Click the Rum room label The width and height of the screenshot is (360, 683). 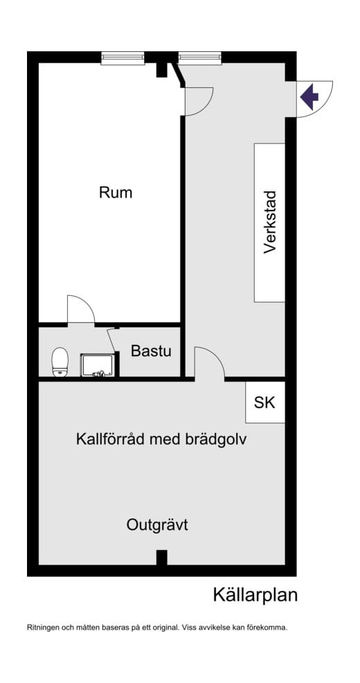(116, 193)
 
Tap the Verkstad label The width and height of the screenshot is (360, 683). (270, 222)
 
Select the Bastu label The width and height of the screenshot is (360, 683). (151, 351)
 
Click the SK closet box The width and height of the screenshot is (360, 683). (264, 402)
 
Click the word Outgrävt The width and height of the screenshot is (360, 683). (157, 525)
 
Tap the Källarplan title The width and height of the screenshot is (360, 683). (255, 594)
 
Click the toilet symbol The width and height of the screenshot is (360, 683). (61, 361)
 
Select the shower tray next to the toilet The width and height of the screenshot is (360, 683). (99, 365)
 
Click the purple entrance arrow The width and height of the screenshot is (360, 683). (309, 98)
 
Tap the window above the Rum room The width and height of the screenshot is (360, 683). (123, 58)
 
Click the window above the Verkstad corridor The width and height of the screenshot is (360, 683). (199, 58)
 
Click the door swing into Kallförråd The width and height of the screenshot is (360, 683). (208, 363)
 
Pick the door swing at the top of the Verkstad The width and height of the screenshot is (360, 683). (198, 101)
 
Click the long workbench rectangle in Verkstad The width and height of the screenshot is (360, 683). (270, 222)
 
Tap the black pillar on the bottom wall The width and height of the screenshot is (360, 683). (161, 558)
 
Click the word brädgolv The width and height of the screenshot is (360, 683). (221, 439)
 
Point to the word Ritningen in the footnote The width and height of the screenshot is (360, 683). (42, 628)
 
